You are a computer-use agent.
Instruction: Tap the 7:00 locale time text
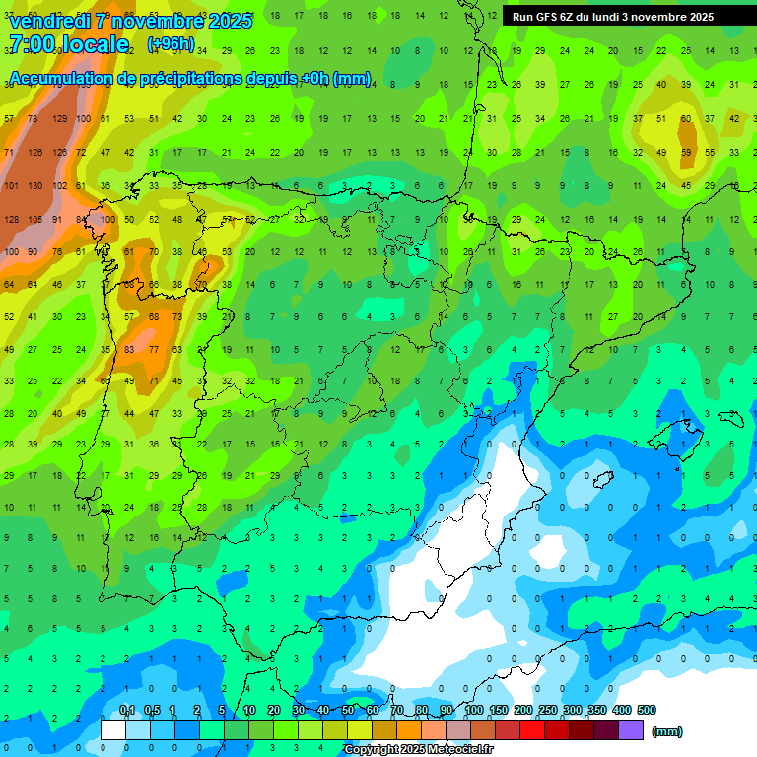(68, 44)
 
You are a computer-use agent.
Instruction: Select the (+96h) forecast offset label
(171, 44)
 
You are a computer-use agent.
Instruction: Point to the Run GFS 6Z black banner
(629, 17)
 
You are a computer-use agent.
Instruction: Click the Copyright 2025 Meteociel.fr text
(418, 749)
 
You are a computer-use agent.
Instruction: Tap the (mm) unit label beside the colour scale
(666, 731)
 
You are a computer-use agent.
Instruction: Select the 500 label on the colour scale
(647, 710)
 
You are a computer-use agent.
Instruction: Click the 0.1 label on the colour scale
(127, 710)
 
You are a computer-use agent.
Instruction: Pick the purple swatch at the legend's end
(631, 729)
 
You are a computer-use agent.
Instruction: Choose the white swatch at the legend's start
(113, 729)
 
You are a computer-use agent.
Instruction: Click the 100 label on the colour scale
(474, 710)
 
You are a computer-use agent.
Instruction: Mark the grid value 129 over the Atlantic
(59, 118)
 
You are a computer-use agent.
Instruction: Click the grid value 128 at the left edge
(12, 219)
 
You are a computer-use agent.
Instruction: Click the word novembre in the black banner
(656, 17)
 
